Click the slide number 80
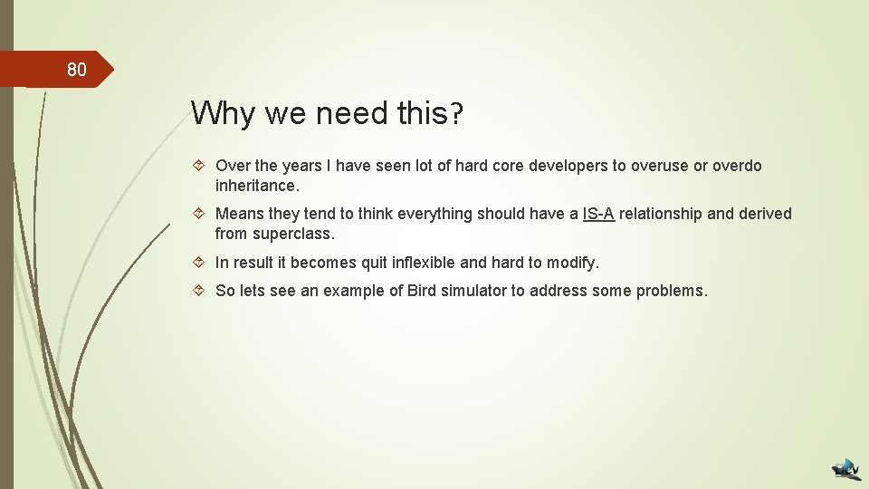click(x=76, y=70)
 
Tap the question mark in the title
click(x=456, y=113)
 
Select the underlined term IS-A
click(x=598, y=214)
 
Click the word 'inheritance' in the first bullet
click(x=255, y=186)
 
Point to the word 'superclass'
click(x=291, y=234)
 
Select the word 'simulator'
click(x=475, y=291)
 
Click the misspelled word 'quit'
click(x=356, y=263)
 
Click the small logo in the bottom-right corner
click(x=847, y=468)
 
